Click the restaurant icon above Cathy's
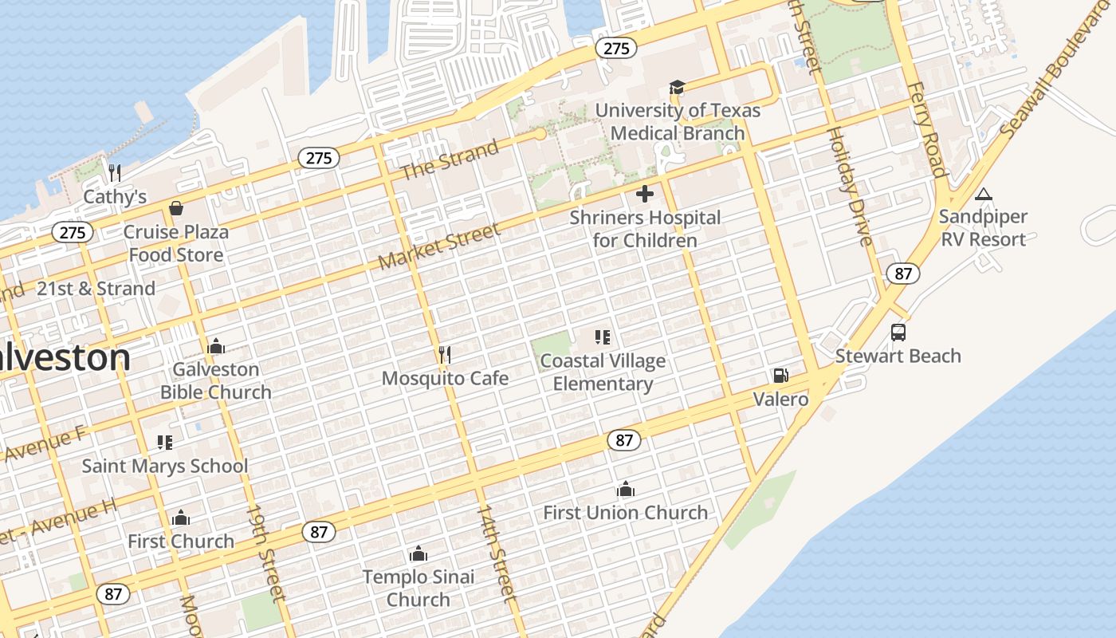point(115,173)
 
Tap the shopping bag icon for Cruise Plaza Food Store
point(176,209)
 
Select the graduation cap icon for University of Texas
point(677,87)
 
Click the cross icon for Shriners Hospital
point(645,194)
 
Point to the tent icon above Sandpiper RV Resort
point(983,194)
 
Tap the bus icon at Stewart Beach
point(898,333)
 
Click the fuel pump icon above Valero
point(780,376)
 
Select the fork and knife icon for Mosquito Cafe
point(445,354)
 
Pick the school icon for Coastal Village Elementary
point(603,337)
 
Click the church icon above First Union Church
point(626,488)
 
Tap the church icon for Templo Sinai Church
point(418,553)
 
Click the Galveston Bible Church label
point(216,380)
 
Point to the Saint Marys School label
point(165,466)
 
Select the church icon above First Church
point(181,518)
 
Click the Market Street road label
point(439,246)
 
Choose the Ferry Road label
point(926,128)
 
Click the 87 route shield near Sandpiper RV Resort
point(902,274)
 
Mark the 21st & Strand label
point(96,289)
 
